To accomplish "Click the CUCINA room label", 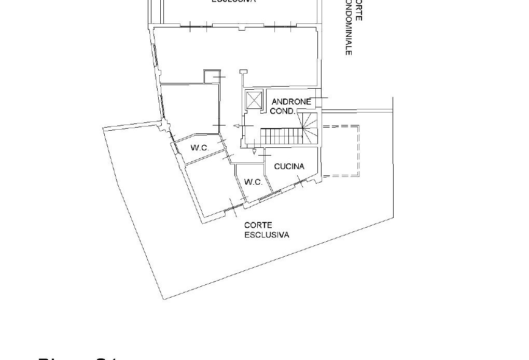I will pos(288,167).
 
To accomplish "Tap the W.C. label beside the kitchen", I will pos(253,182).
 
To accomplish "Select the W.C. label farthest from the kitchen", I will pos(199,148).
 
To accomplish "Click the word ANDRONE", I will pos(291,102).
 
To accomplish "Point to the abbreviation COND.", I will pos(283,111).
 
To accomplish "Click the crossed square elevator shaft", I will pos(255,100).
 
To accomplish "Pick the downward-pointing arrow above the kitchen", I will pos(254,152).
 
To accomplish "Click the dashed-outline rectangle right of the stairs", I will pos(340,150).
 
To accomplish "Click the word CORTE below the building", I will pos(257,226).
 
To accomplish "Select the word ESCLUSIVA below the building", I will pos(267,234).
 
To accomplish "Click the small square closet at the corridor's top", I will pos(212,77).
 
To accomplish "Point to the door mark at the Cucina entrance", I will pos(265,155).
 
